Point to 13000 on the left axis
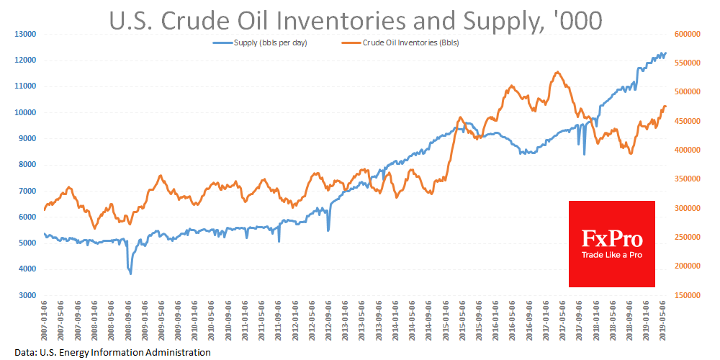coord(25,34)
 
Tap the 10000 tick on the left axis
coord(25,112)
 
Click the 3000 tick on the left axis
coord(27,295)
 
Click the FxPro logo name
coord(612,238)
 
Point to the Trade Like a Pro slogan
coord(612,255)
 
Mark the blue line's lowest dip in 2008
coord(130,274)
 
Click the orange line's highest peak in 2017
coord(558,72)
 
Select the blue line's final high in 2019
coord(665,53)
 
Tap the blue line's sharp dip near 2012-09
coord(328,230)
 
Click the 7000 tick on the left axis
coord(27,191)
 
